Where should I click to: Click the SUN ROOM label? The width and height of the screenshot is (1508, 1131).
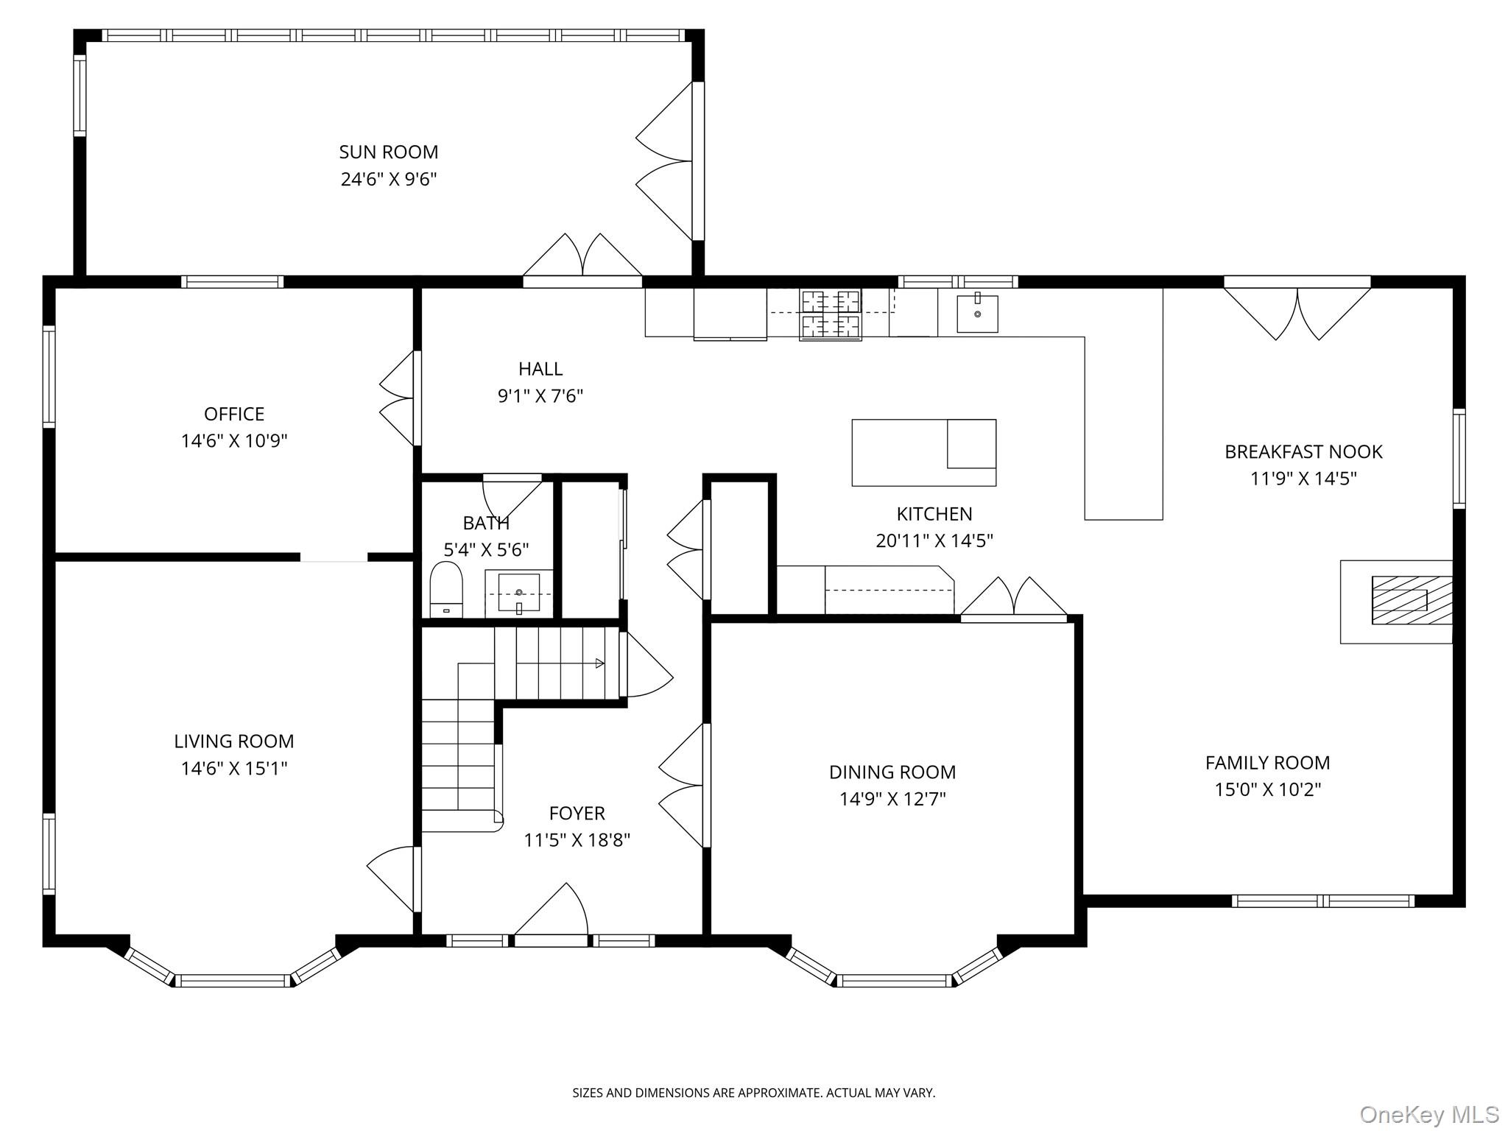tap(388, 152)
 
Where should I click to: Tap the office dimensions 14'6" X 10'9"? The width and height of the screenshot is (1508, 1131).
tap(234, 441)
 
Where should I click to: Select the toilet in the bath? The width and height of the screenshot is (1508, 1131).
tap(445, 589)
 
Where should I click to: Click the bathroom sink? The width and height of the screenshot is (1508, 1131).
tap(519, 593)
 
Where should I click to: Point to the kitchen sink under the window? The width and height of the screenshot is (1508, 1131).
tap(977, 314)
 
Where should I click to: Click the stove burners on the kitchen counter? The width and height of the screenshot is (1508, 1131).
tap(831, 314)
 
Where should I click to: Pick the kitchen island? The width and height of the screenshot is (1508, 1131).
tap(923, 453)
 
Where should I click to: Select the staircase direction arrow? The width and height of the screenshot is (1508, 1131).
tap(599, 663)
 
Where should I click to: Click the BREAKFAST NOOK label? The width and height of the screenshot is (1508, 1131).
tap(1303, 452)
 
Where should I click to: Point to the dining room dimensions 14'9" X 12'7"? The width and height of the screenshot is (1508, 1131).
tap(892, 799)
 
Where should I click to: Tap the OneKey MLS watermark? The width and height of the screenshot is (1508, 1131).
tap(1429, 1113)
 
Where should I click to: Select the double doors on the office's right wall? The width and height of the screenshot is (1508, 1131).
tap(398, 398)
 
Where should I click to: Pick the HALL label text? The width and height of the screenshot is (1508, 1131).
tap(540, 369)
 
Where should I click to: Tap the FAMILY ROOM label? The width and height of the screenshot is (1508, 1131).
tap(1267, 763)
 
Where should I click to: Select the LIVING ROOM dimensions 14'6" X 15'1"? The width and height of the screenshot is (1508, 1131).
tap(234, 769)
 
